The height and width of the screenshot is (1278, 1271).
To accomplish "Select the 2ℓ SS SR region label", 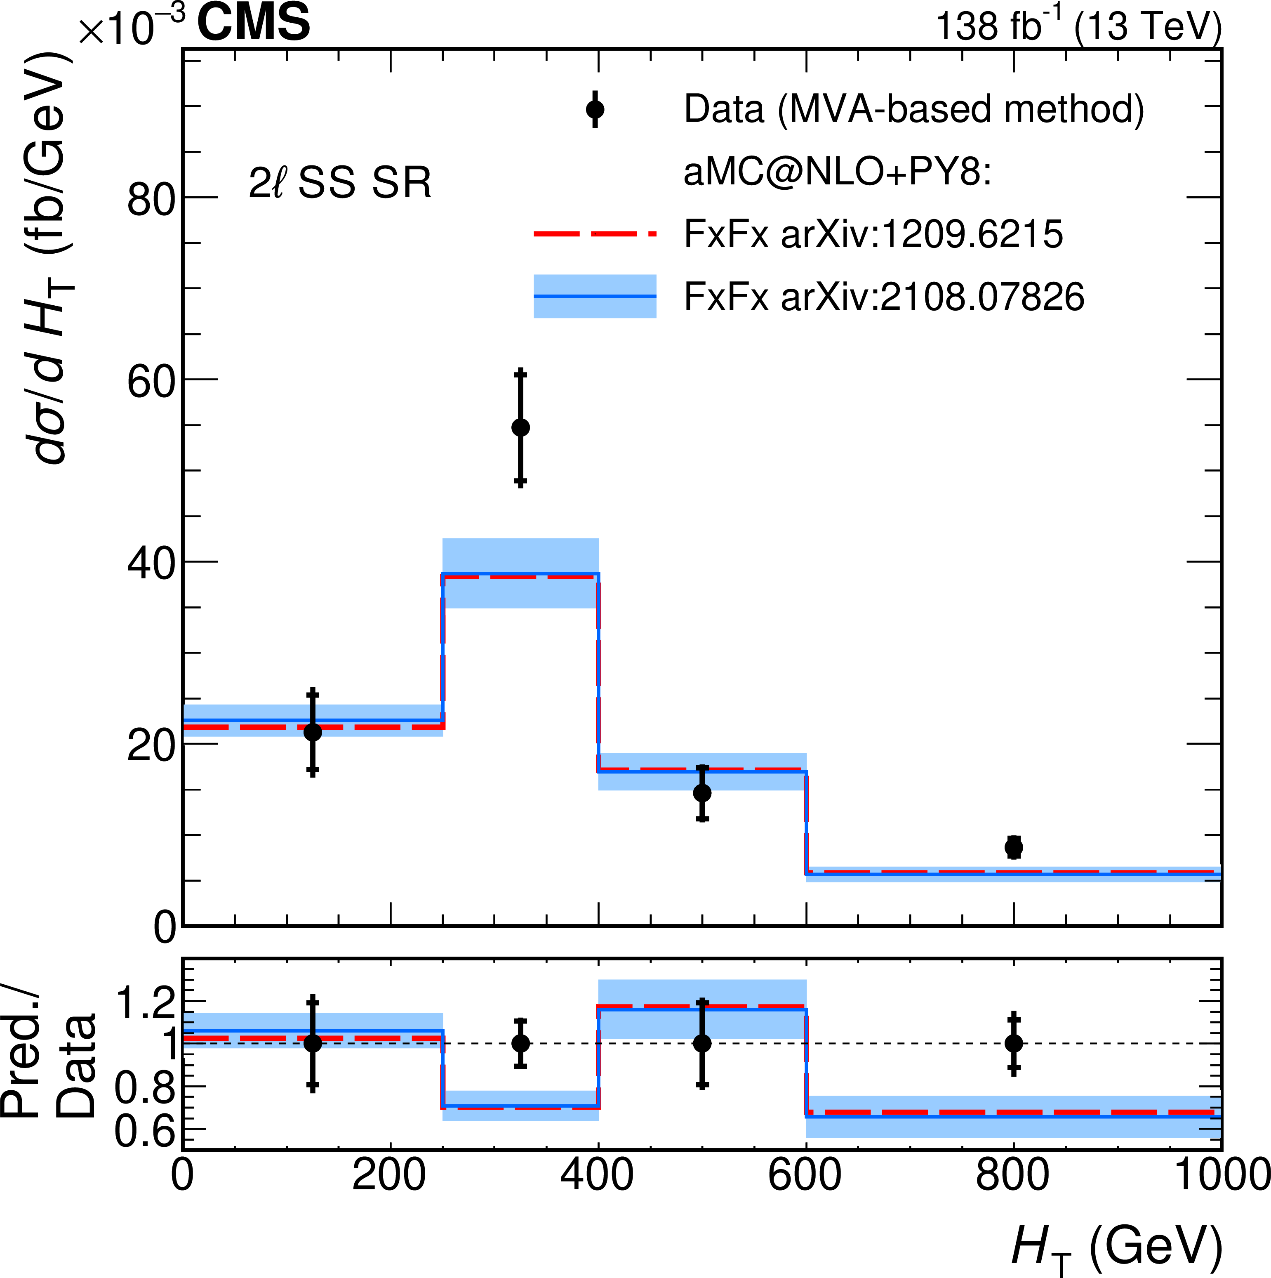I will pyautogui.click(x=340, y=183).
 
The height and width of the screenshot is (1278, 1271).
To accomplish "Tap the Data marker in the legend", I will pyautogui.click(x=595, y=109).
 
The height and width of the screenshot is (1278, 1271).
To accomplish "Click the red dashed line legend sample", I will pyautogui.click(x=595, y=233).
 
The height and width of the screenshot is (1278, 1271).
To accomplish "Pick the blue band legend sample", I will pyautogui.click(x=595, y=296).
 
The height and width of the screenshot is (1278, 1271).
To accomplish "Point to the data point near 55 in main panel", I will pyautogui.click(x=520, y=427).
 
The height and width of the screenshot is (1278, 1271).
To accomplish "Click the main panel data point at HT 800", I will pyautogui.click(x=1013, y=847).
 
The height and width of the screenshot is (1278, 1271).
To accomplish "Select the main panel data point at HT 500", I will pyautogui.click(x=702, y=792).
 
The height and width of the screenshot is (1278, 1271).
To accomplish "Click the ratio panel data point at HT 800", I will pyautogui.click(x=1013, y=1043).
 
